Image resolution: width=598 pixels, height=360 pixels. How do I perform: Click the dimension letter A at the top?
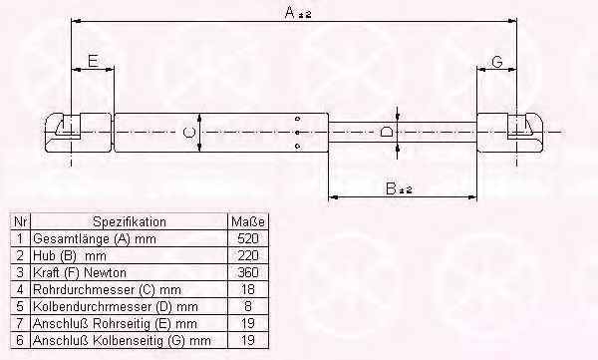(290, 12)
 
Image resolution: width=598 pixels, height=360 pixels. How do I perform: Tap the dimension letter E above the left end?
(93, 61)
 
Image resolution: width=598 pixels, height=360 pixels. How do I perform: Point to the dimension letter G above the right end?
(497, 62)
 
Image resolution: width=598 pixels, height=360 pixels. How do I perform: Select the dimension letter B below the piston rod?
(391, 188)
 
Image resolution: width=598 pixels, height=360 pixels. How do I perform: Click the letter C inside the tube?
(188, 133)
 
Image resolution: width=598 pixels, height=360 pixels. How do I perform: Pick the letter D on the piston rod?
(386, 132)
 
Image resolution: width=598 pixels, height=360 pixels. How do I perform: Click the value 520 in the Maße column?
(248, 238)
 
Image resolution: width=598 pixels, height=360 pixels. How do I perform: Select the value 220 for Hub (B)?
(248, 255)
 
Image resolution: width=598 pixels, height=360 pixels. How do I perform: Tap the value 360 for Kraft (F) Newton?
(248, 272)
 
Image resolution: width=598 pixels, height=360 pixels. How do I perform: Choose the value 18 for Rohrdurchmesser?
(248, 289)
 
